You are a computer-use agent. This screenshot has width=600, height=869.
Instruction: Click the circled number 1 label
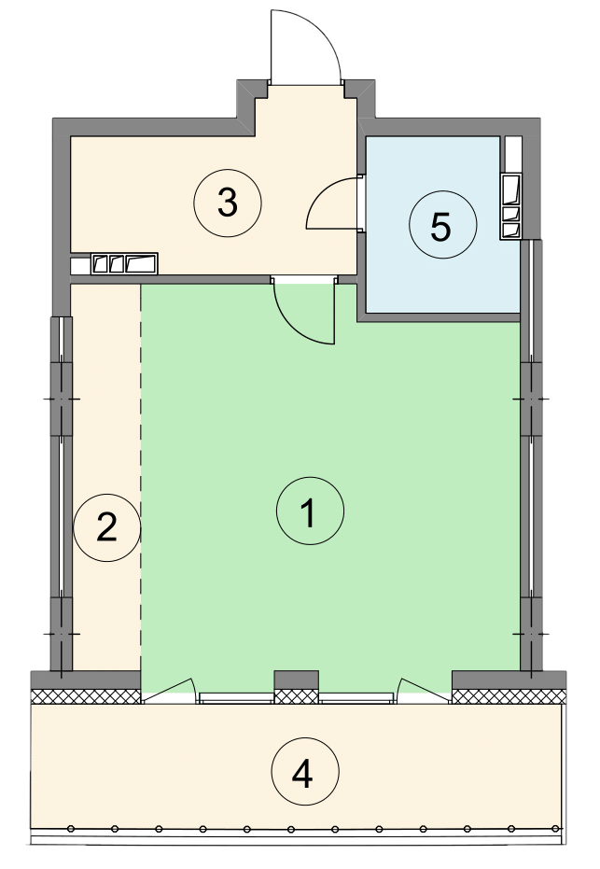[x=310, y=511]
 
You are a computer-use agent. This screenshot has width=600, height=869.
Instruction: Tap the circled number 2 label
[x=107, y=527]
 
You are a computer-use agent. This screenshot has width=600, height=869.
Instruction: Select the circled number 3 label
[x=228, y=203]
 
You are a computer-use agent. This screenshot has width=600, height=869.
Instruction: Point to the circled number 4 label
[x=305, y=771]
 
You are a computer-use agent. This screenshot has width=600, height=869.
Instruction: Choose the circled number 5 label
[x=442, y=224]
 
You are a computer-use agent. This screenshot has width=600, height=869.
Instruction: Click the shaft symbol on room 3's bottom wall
[x=124, y=263]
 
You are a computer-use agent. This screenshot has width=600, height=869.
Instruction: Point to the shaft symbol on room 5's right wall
[x=510, y=206]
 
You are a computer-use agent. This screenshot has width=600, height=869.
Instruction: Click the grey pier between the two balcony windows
[x=297, y=680]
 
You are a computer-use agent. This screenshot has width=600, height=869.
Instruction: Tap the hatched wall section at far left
[x=86, y=696]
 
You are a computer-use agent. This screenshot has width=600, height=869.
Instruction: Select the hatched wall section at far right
[x=509, y=696]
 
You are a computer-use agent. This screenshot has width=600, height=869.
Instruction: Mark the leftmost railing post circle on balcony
[x=70, y=829]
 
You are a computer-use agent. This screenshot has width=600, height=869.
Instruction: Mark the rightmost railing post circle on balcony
[x=556, y=829]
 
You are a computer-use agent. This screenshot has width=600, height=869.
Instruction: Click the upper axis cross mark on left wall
[x=62, y=399]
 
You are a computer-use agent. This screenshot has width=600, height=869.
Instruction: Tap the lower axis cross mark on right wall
[x=531, y=634]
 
